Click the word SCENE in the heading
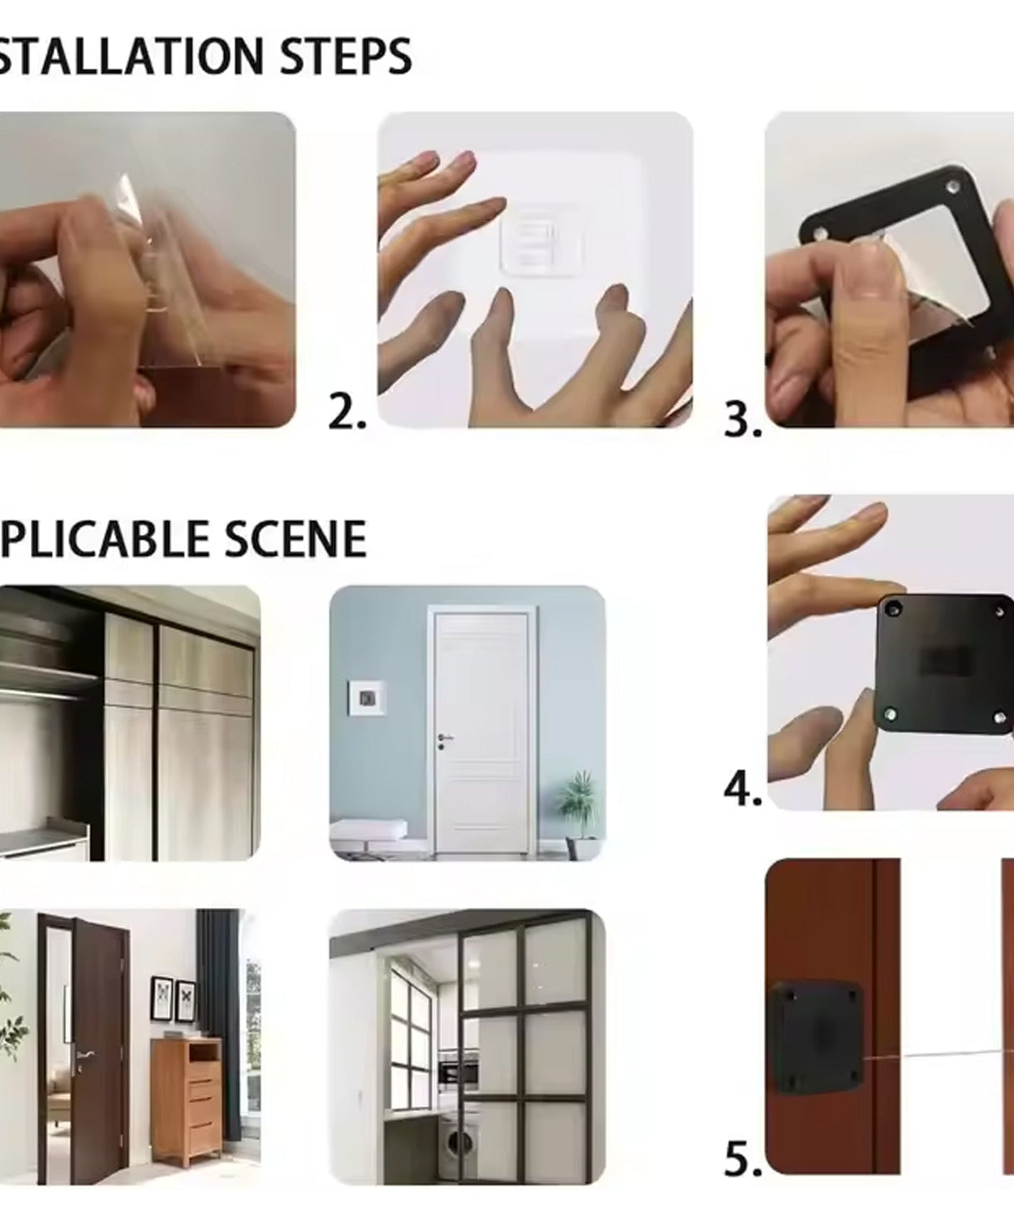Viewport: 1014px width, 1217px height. (x=294, y=540)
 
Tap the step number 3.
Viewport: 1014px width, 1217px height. (x=742, y=420)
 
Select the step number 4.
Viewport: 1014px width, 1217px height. (x=742, y=789)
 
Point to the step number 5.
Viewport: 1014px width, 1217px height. (x=742, y=1159)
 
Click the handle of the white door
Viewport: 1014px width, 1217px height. (x=445, y=738)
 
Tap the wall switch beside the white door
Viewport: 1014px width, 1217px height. (x=366, y=699)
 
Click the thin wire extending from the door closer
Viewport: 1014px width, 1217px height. (x=933, y=1055)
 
